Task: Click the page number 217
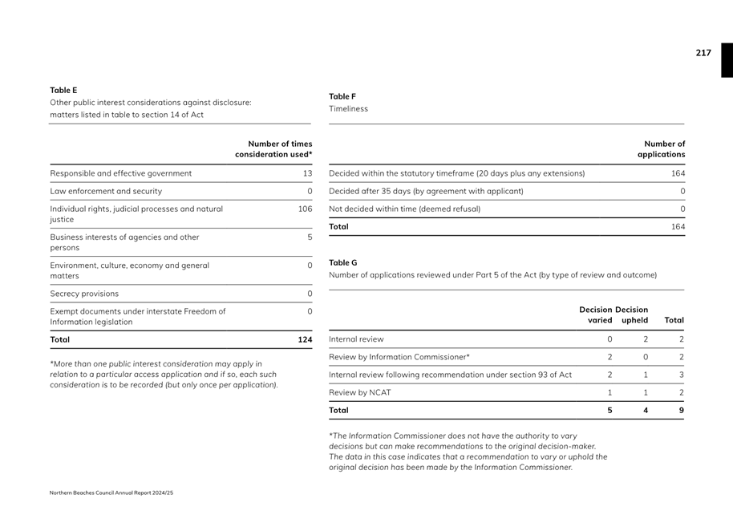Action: click(703, 53)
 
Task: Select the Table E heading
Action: click(63, 91)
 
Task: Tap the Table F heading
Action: click(342, 97)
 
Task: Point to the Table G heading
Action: click(343, 263)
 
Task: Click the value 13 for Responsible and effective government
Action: click(306, 173)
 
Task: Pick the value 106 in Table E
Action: click(305, 209)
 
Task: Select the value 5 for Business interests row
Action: click(310, 237)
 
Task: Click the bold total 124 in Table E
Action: click(305, 340)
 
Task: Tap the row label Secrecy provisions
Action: click(84, 294)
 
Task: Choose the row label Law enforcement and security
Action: click(106, 191)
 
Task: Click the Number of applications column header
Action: click(662, 149)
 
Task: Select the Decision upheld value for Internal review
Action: click(646, 339)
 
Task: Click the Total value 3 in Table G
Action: click(681, 375)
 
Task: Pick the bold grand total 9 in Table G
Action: click(681, 410)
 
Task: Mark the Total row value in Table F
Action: click(678, 227)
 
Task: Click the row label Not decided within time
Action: click(404, 209)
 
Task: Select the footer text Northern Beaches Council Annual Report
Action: click(111, 493)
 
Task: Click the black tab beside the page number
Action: click(727, 60)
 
